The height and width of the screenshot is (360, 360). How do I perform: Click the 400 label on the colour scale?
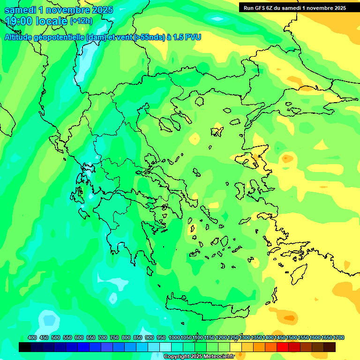point(32,337)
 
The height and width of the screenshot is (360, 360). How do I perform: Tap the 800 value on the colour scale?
point(126,337)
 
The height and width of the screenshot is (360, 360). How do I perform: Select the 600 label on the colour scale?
point(79,337)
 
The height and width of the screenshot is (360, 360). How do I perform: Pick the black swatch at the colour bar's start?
point(25,347)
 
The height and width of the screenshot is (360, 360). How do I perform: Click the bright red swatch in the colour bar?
point(283,347)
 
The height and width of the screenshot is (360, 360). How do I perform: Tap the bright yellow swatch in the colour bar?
point(236,347)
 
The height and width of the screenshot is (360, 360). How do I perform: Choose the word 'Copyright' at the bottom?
point(176,357)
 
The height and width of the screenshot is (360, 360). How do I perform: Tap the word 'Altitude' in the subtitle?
point(19,37)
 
